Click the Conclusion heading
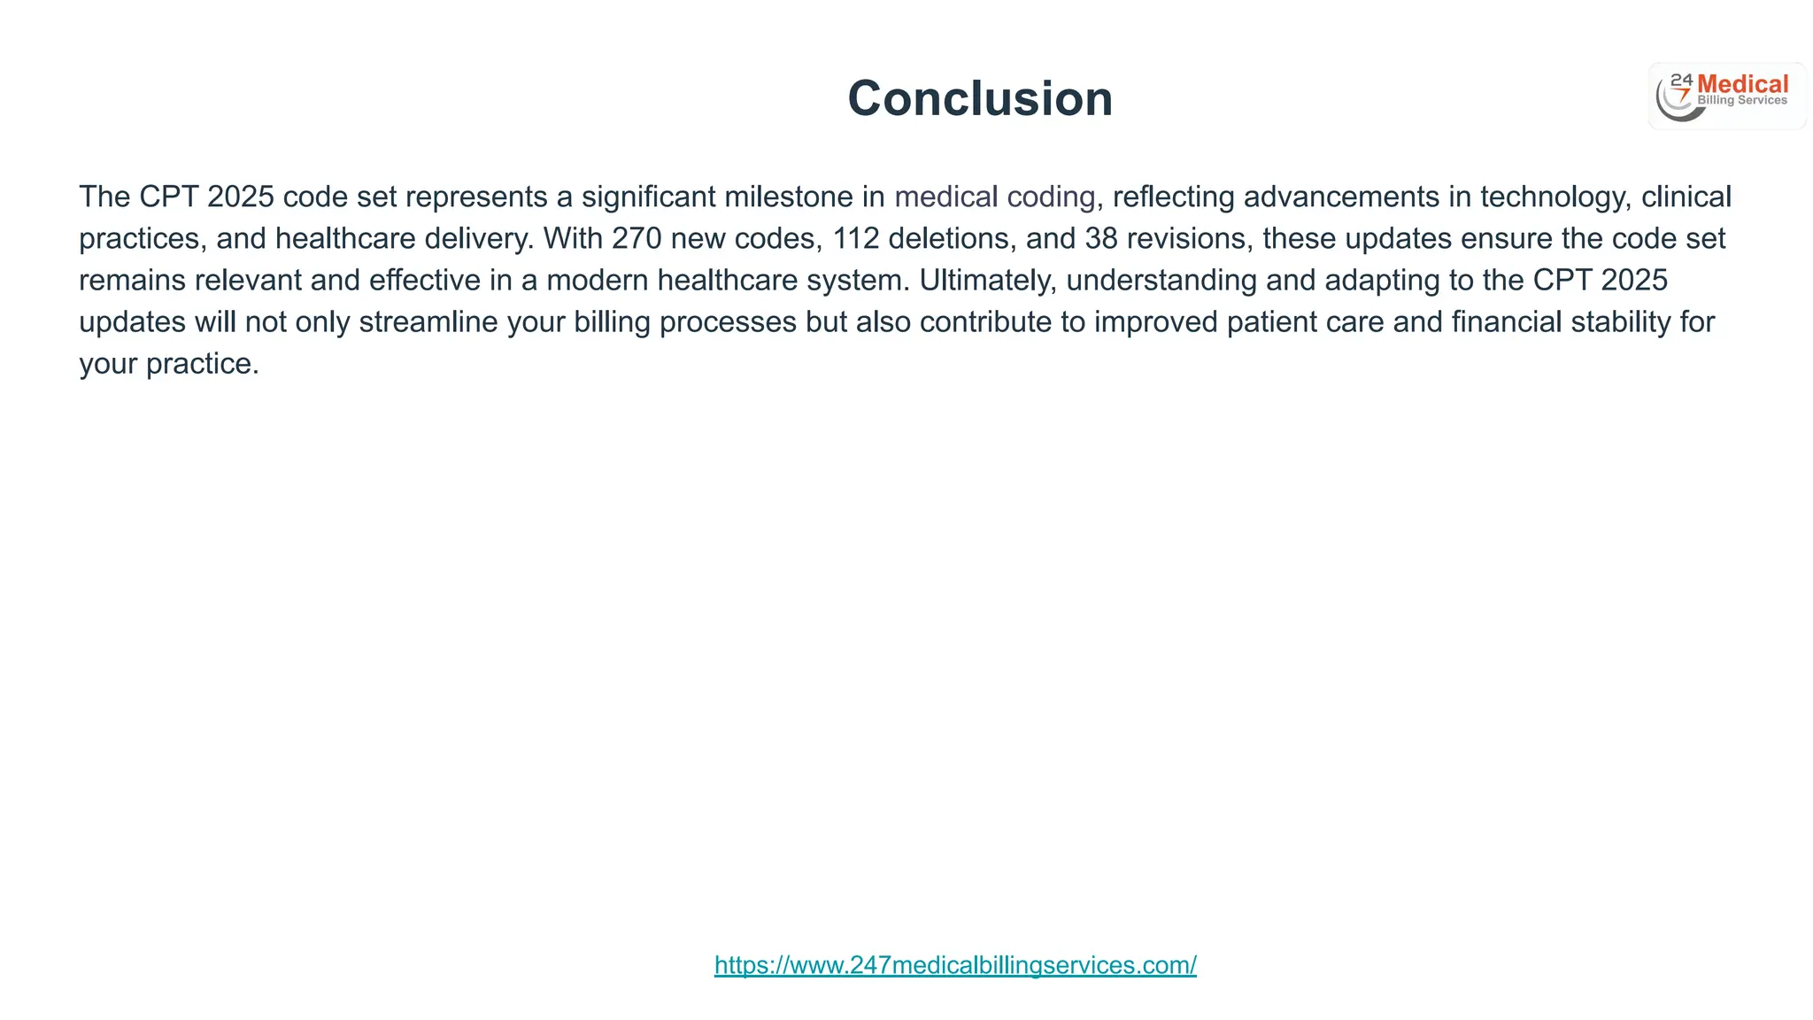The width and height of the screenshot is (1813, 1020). (x=980, y=98)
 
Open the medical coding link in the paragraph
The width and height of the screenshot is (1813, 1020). (x=994, y=197)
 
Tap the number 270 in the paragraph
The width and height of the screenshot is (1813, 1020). (x=636, y=238)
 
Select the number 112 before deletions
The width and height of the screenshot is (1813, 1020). (x=855, y=238)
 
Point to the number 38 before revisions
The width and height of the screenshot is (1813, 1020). (x=1101, y=238)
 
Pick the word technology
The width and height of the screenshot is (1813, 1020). (x=1555, y=197)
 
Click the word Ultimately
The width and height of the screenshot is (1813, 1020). (x=988, y=280)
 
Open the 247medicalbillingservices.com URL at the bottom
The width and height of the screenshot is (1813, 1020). (x=955, y=965)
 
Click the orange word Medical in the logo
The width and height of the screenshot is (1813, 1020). (x=1742, y=85)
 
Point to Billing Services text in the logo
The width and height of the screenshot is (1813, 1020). (x=1742, y=101)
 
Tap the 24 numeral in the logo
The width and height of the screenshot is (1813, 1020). (x=1681, y=81)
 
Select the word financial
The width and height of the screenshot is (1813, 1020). (x=1507, y=321)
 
